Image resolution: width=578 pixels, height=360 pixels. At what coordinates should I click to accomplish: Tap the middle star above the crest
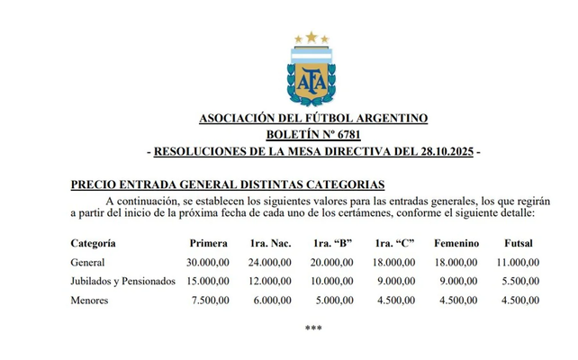point(312,37)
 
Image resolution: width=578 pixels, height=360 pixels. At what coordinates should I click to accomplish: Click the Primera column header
point(208,243)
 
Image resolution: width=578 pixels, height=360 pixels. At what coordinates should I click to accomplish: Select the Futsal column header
point(519,243)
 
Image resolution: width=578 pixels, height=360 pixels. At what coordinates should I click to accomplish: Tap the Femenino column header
point(456,243)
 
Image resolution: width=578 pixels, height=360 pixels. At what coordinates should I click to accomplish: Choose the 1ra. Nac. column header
point(271,243)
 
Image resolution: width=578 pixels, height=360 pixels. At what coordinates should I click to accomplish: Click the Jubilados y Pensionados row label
point(122,281)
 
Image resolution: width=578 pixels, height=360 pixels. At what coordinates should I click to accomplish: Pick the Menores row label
point(89,300)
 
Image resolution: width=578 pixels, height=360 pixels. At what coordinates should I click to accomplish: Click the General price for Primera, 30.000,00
point(208,262)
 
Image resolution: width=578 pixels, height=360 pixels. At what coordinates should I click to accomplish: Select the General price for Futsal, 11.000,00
point(519,262)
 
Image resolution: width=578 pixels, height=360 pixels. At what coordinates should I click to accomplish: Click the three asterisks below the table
point(312,328)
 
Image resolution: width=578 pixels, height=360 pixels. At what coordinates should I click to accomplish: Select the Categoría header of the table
point(93,243)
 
